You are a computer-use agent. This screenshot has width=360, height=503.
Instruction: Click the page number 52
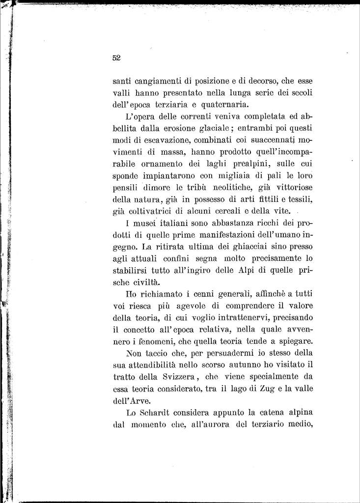[x=116, y=58]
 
